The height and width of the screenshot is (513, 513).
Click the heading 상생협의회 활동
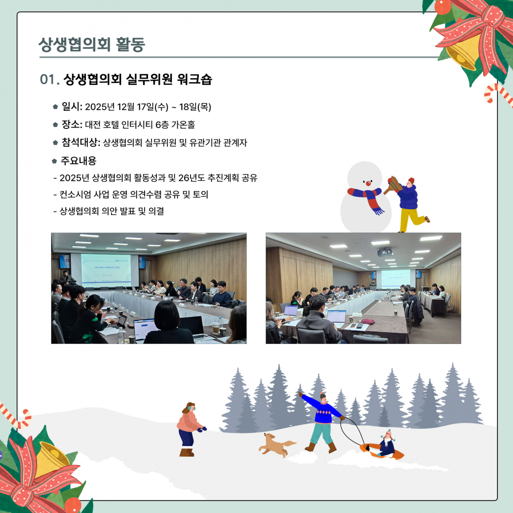92,44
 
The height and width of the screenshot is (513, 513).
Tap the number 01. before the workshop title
49,80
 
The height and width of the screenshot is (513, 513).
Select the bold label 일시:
72,107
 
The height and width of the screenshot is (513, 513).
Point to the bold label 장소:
72,124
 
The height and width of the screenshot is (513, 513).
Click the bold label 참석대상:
81,142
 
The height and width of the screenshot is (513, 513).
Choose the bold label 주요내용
79,161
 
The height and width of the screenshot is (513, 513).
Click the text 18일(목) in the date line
195,107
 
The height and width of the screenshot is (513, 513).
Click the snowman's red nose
368,183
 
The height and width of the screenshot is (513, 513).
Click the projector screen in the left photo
106,270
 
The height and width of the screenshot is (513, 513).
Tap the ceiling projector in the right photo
385,252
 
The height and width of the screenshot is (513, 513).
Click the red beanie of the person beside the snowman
411,180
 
